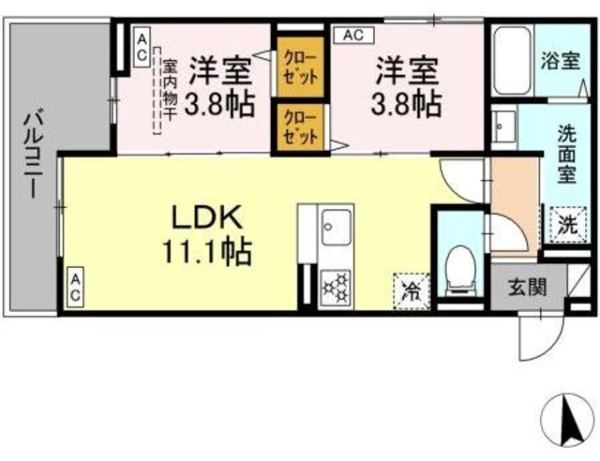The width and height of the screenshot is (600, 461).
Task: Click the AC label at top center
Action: click(x=352, y=36)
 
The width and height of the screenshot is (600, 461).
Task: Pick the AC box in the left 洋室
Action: click(x=141, y=47)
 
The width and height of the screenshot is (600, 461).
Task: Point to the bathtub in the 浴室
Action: click(x=512, y=58)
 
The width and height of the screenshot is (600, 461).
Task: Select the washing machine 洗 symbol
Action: click(x=565, y=225)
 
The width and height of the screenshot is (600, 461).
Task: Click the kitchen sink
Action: click(x=335, y=226)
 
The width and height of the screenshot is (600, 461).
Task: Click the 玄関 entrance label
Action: click(x=525, y=288)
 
